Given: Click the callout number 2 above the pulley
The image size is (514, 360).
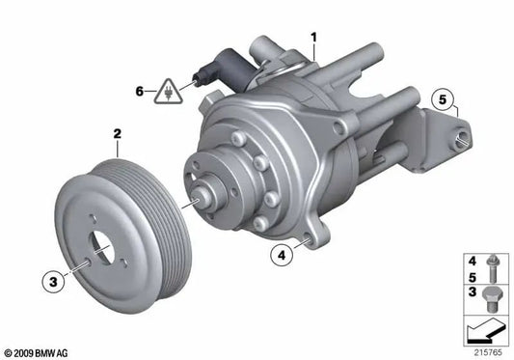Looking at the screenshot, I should (117, 137).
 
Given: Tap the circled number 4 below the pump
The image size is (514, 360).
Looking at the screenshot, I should (281, 257).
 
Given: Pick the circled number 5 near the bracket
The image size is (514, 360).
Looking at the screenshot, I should (443, 98).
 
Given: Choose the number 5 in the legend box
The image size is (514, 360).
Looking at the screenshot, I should (472, 276).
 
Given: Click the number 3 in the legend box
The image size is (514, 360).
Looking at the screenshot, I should (472, 291).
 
